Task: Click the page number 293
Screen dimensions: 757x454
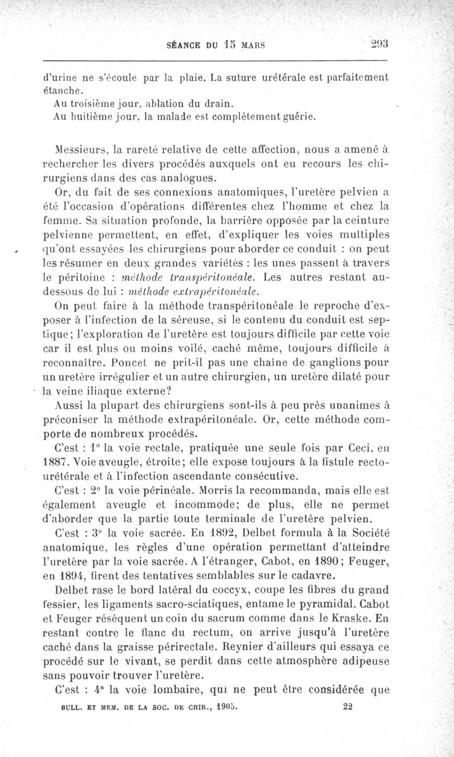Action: [376, 45]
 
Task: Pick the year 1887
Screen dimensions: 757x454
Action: [56, 462]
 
